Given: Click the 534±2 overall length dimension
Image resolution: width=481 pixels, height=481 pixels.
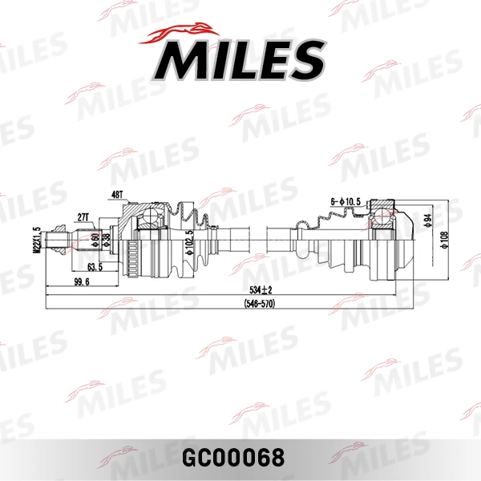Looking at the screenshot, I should [x=261, y=289].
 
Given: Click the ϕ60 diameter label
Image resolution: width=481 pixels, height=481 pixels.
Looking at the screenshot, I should [x=95, y=238].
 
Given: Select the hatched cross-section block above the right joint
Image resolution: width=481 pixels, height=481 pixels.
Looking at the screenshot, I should [x=383, y=210].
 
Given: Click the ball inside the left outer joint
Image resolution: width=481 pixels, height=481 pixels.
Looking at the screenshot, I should [x=149, y=218].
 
